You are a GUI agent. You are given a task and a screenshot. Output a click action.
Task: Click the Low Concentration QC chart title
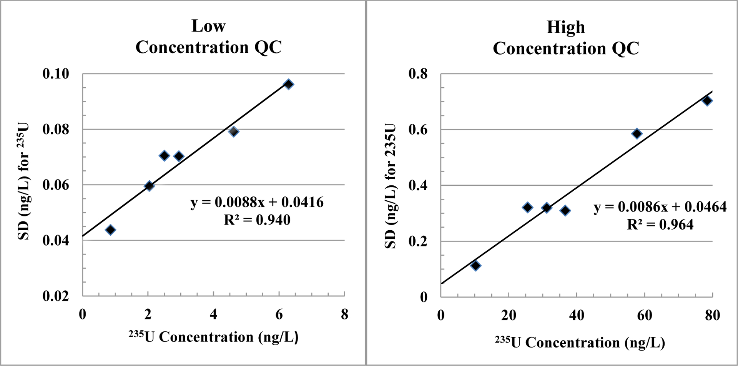[x=208, y=37]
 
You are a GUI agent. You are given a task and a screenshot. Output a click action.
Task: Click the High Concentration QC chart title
[x=566, y=38]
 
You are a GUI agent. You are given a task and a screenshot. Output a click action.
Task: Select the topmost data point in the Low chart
[x=288, y=84]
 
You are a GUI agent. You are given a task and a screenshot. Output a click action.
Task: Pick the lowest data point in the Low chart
[x=110, y=230]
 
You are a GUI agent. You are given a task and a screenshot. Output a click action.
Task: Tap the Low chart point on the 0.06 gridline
[x=149, y=186]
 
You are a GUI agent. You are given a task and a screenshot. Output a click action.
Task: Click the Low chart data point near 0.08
[x=233, y=131]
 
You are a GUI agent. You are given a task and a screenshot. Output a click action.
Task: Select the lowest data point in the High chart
[x=475, y=265]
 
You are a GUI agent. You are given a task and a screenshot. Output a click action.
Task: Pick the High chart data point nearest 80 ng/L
[x=707, y=101]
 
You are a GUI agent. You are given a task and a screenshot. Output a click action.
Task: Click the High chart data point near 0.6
[x=637, y=134]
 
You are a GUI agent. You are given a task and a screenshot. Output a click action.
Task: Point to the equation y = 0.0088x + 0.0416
[x=257, y=202]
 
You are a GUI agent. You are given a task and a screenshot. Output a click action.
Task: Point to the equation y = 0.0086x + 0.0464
[x=660, y=207]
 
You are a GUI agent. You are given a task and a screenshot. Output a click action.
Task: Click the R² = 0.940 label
[x=257, y=220]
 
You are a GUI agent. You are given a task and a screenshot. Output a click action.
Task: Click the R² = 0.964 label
[x=660, y=225]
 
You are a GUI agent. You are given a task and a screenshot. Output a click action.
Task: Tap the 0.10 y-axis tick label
[x=56, y=73]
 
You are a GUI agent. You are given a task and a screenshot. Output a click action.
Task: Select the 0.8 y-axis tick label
[x=418, y=73]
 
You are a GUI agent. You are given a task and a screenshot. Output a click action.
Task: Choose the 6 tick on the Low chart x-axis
[x=279, y=314]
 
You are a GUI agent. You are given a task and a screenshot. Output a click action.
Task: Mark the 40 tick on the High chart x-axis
[x=577, y=316]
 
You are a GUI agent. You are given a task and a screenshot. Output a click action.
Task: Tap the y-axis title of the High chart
[x=390, y=186]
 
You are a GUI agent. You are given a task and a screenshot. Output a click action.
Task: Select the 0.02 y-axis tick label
[x=56, y=296]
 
